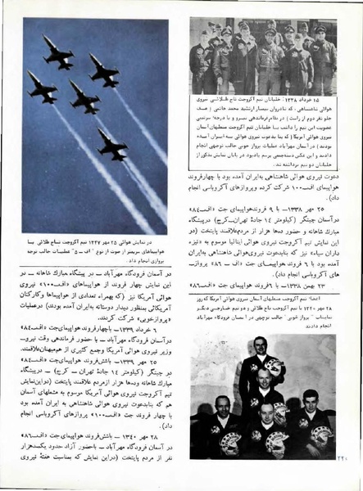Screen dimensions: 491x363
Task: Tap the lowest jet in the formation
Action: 112,145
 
